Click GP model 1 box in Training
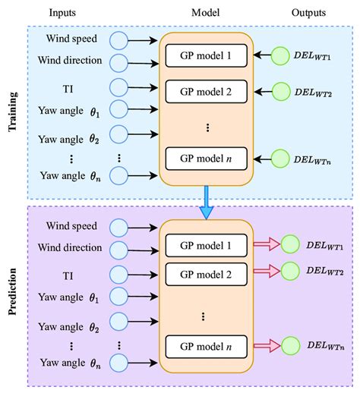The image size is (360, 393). pos(206,55)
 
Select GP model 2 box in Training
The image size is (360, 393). pos(206,92)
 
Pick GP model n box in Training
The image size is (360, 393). pos(206,159)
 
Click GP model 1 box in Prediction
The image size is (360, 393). pos(206,244)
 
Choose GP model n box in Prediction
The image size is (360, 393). pos(206,345)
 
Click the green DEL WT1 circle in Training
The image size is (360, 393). pos(282,55)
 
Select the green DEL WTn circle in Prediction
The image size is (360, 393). pos(289,345)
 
